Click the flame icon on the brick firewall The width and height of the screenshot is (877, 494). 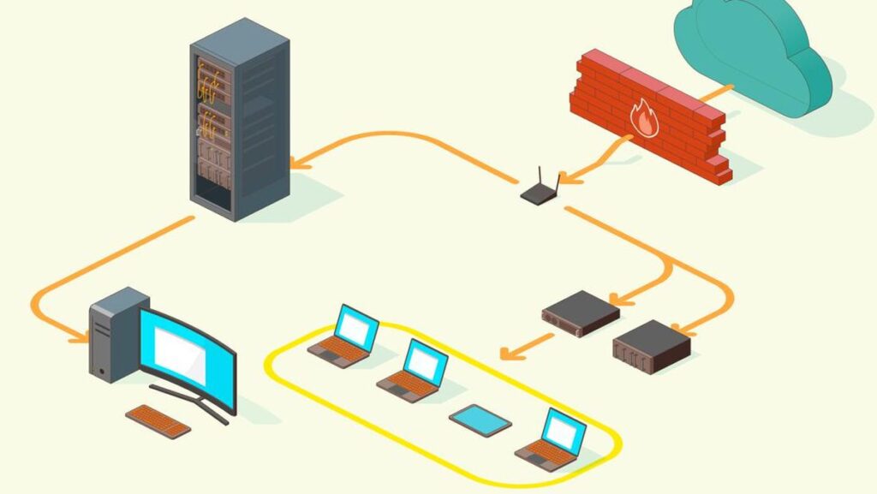point(644,117)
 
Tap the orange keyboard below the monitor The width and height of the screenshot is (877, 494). point(158,420)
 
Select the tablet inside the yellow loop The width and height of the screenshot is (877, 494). point(480,420)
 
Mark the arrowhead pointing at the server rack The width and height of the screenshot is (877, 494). point(295,162)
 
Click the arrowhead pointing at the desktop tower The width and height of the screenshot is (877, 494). point(82,337)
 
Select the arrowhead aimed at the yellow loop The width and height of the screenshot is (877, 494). point(508,353)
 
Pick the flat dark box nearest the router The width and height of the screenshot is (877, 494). point(580,312)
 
